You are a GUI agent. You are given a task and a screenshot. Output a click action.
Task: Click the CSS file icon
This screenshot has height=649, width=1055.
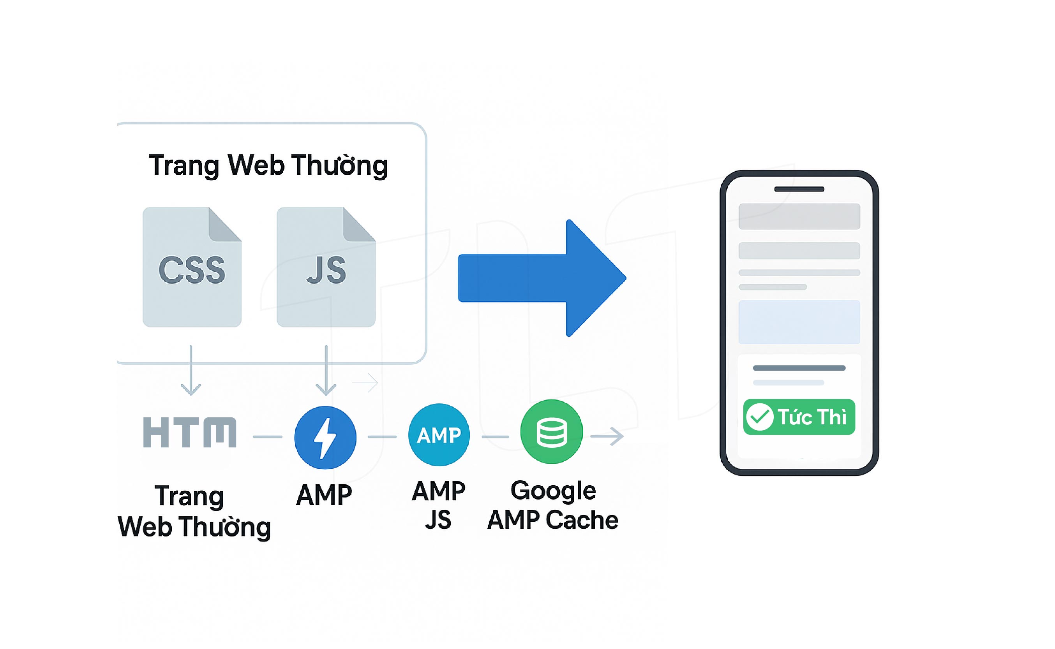(192, 267)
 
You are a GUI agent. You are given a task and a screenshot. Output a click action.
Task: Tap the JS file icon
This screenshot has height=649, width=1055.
(326, 267)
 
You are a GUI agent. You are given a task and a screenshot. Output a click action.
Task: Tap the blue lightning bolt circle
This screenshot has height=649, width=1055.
(325, 437)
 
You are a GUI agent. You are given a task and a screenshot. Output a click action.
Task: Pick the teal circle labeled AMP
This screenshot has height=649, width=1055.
(439, 435)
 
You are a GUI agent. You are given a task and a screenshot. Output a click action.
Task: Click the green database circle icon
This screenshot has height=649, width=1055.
(551, 432)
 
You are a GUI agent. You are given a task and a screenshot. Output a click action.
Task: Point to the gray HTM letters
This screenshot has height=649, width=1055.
(189, 432)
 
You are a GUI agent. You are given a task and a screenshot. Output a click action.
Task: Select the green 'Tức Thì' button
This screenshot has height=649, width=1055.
(799, 417)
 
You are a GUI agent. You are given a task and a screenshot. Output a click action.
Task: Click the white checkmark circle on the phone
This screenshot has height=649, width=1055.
(760, 417)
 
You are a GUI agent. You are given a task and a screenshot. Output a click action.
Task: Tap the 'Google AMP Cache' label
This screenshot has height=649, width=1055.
(552, 505)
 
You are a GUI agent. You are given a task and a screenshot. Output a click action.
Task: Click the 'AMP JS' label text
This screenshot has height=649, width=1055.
(438, 505)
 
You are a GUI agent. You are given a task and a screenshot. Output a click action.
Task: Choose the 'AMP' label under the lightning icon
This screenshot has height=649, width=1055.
(324, 495)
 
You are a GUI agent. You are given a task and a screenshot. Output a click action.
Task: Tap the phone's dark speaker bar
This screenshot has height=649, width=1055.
(799, 189)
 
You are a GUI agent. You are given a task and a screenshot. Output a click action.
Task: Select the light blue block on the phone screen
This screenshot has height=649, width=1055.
(799, 322)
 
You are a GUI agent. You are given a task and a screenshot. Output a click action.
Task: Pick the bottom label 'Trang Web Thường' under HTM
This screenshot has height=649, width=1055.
(194, 511)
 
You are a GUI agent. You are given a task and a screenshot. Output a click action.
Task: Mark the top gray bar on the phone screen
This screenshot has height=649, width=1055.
(799, 216)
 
